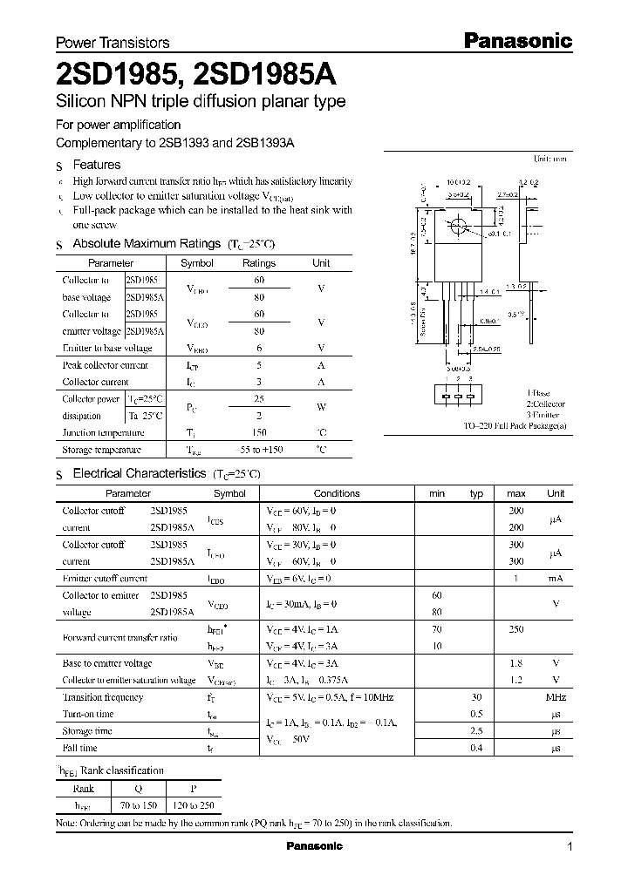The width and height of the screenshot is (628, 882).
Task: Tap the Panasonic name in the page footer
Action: click(314, 846)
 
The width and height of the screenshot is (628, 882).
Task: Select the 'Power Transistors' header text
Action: click(113, 42)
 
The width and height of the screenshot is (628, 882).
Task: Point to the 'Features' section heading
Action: click(96, 165)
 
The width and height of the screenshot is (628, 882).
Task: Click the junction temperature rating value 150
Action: click(258, 432)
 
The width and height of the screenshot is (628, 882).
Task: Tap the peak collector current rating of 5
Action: click(258, 366)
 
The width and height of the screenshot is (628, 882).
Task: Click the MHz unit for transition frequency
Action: click(556, 697)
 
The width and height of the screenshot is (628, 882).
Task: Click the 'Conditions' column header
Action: click(336, 493)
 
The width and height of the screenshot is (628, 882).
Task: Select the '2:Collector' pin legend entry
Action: click(545, 404)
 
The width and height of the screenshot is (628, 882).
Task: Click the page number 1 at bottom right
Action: click(570, 847)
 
